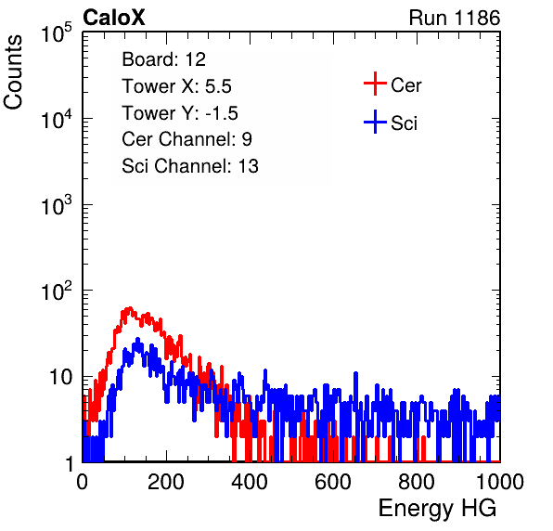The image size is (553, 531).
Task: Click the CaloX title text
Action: tap(113, 18)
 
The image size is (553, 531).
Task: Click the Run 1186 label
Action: tap(455, 18)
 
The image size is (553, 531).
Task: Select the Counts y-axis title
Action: tap(13, 72)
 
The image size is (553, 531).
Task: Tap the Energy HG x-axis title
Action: tap(437, 508)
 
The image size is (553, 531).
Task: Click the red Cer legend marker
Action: tap(375, 84)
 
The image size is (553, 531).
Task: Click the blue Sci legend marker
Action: tap(375, 122)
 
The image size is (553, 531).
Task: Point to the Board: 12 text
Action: tap(163, 59)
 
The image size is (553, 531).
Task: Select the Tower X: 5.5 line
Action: tap(176, 86)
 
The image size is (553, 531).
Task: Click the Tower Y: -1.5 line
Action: tap(180, 113)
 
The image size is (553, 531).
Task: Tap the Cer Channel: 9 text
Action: tap(186, 139)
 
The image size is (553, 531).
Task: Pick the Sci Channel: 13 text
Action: tap(190, 166)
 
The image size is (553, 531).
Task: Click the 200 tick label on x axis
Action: tap(166, 482)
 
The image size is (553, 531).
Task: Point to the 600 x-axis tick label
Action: tap(333, 482)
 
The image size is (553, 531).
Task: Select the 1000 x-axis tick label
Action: tap(500, 482)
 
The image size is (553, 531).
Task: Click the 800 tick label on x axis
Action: tap(417, 482)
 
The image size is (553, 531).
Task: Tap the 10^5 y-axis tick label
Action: tap(57, 33)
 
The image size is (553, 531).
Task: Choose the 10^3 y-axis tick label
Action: tap(57, 205)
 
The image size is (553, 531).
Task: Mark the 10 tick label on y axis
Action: tap(60, 377)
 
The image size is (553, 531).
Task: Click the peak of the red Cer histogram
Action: tap(130, 308)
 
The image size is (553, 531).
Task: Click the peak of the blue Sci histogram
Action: tap(137, 339)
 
